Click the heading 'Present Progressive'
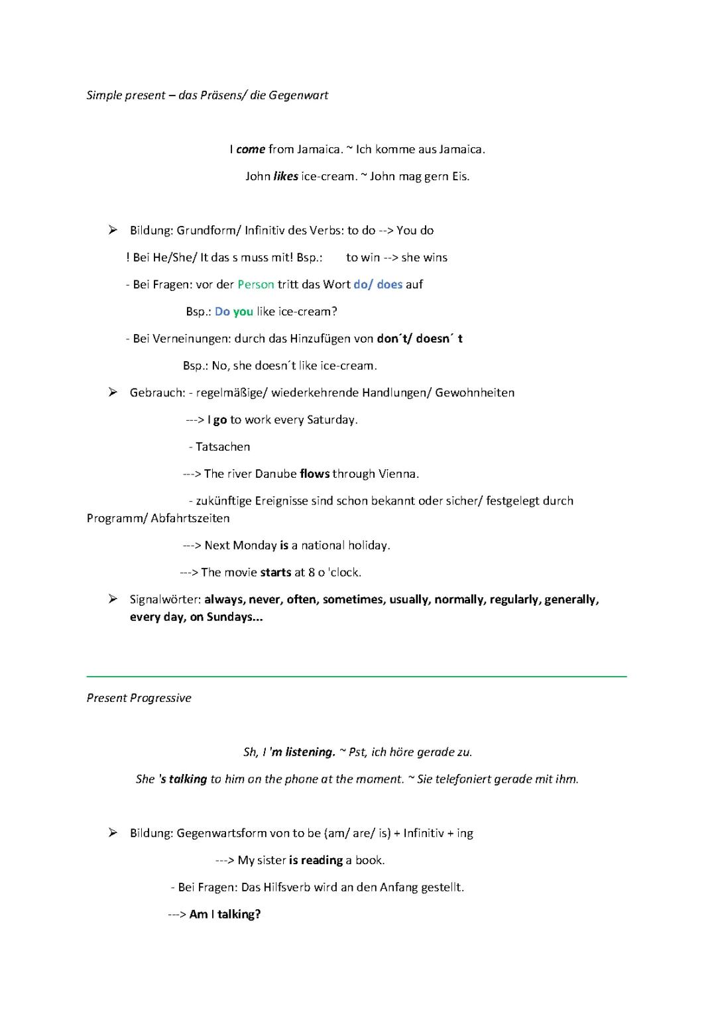click(139, 698)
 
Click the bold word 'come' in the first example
click(251, 149)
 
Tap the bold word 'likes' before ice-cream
click(286, 176)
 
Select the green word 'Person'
click(256, 284)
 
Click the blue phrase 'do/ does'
click(378, 284)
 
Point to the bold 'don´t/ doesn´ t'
click(420, 339)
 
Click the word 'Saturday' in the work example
click(332, 420)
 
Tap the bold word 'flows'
click(314, 474)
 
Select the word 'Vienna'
click(398, 474)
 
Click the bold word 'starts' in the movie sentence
click(276, 572)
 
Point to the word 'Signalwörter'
click(165, 599)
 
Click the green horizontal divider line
click(357, 676)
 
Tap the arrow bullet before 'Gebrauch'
click(113, 392)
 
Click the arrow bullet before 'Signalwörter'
click(113, 599)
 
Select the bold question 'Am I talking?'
click(225, 915)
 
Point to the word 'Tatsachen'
click(223, 447)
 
